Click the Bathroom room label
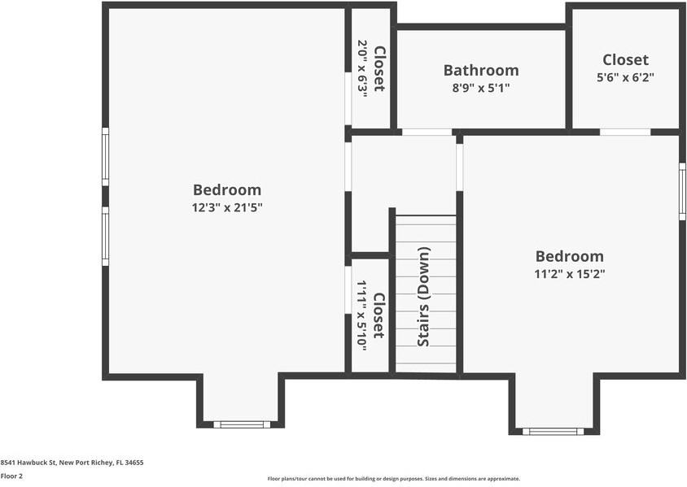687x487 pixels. pos(480,70)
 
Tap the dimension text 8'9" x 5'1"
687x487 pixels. pos(480,88)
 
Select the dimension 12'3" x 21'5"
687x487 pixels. pos(227,207)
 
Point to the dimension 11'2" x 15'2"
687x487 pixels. pos(569,274)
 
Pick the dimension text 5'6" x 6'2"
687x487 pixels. pos(625,77)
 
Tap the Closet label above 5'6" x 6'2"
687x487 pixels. pos(625,59)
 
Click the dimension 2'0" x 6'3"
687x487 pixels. pos(362,69)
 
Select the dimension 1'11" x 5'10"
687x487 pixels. pos(361,315)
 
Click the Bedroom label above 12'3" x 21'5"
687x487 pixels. pos(227,189)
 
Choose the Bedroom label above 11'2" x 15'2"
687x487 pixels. pos(569,256)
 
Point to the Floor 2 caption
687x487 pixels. pos(11,476)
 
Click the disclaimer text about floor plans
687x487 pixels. pos(393,479)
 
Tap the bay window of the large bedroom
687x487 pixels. pos(242,424)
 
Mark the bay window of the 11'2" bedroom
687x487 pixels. pos(553,431)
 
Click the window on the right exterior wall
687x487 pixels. pos(682,191)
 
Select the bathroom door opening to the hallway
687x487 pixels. pos(427,132)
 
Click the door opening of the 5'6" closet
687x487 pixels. pos(624,132)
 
